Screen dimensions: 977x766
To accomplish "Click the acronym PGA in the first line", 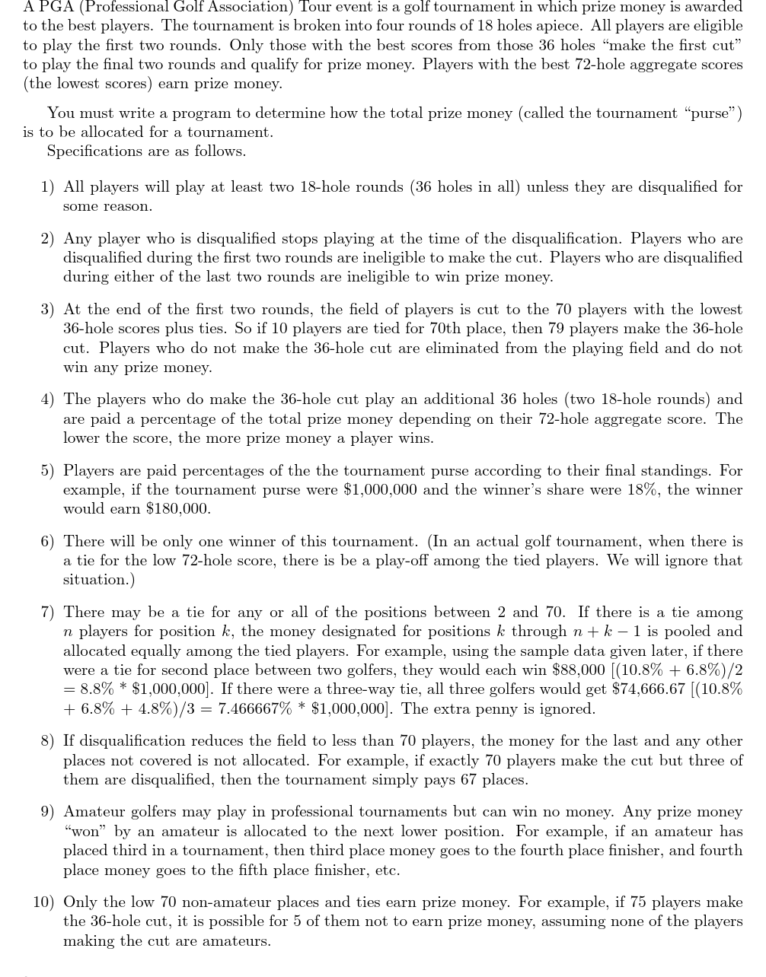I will (x=55, y=7).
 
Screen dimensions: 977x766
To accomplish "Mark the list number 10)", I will (x=43, y=902).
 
